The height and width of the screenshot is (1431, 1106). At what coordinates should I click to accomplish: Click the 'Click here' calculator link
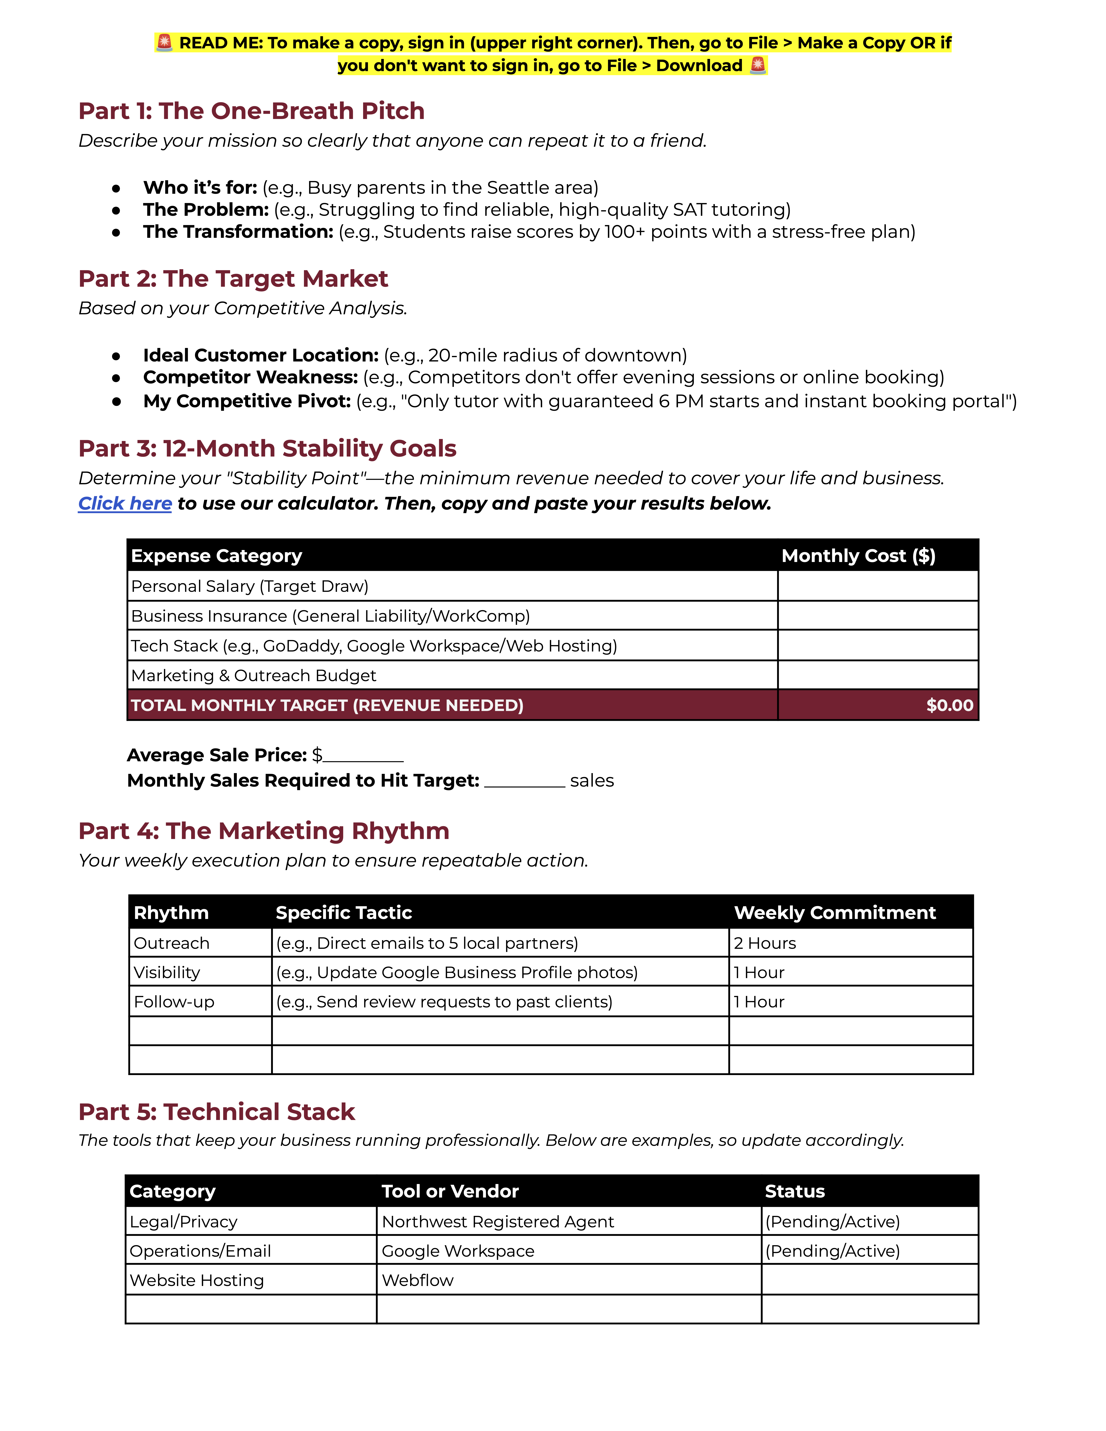pyautogui.click(x=125, y=503)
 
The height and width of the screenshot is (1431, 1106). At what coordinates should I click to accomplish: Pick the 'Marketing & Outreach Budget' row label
pyautogui.click(x=254, y=676)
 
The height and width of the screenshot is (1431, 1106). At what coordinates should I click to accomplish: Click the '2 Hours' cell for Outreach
pyautogui.click(x=765, y=943)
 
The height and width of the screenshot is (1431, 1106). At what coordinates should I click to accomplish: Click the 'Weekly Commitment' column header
pyautogui.click(x=835, y=913)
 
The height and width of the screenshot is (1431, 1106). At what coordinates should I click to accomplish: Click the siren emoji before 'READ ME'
pyautogui.click(x=164, y=43)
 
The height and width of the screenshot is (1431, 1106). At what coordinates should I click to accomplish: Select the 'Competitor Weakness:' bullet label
pyautogui.click(x=250, y=377)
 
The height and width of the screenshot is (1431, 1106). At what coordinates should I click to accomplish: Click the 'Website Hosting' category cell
pyautogui.click(x=197, y=1280)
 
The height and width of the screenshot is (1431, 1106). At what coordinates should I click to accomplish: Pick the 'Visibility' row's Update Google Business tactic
pyautogui.click(x=457, y=972)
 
